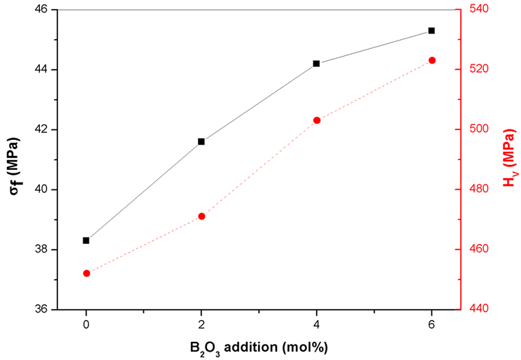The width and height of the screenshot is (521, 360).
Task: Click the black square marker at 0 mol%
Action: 86,240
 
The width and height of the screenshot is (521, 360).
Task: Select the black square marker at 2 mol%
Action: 201,141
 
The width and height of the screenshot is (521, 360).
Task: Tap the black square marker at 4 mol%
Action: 317,64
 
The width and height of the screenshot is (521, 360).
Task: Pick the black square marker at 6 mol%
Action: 431,31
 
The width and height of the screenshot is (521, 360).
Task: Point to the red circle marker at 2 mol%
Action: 201,216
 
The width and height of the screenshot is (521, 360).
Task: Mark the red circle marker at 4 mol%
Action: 317,120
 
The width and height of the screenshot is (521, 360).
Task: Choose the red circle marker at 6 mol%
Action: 431,60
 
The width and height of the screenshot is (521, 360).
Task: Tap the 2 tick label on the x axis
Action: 201,324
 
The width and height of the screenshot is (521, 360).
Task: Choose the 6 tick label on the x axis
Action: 431,324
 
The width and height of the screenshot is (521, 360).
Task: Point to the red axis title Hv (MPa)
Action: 508,159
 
